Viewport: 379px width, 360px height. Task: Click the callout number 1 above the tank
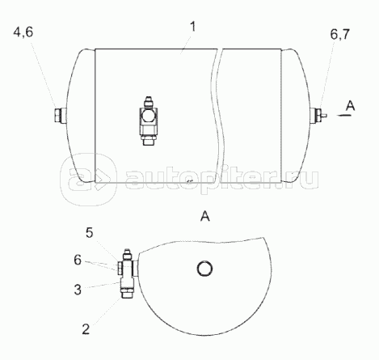(192, 28)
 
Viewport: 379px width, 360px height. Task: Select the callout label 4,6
(23, 32)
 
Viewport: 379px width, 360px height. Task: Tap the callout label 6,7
(340, 35)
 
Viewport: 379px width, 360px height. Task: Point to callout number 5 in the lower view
(90, 233)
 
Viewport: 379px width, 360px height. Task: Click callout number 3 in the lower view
(78, 290)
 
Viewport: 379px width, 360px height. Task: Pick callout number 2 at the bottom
(86, 329)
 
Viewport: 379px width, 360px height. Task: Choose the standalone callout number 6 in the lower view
(78, 260)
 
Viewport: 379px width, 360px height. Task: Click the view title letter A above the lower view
(205, 216)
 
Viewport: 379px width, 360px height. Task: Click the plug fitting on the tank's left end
(61, 116)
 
